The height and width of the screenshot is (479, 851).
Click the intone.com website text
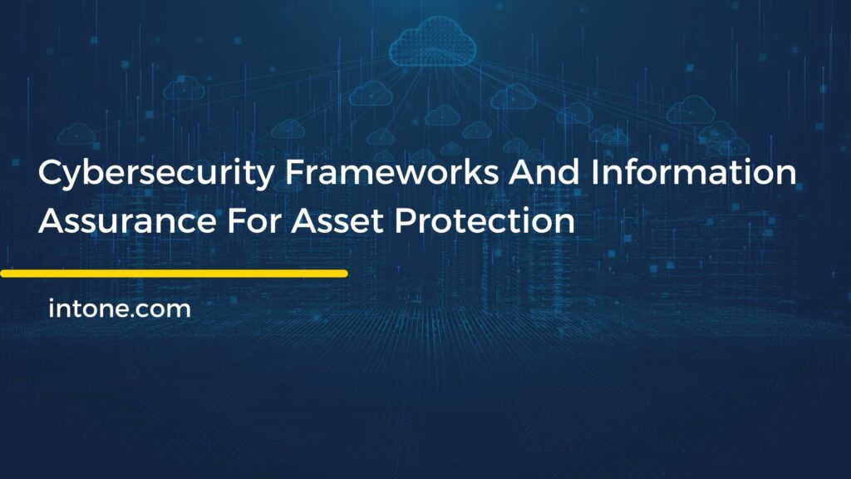(120, 309)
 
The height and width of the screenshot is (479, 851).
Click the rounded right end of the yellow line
(343, 273)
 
